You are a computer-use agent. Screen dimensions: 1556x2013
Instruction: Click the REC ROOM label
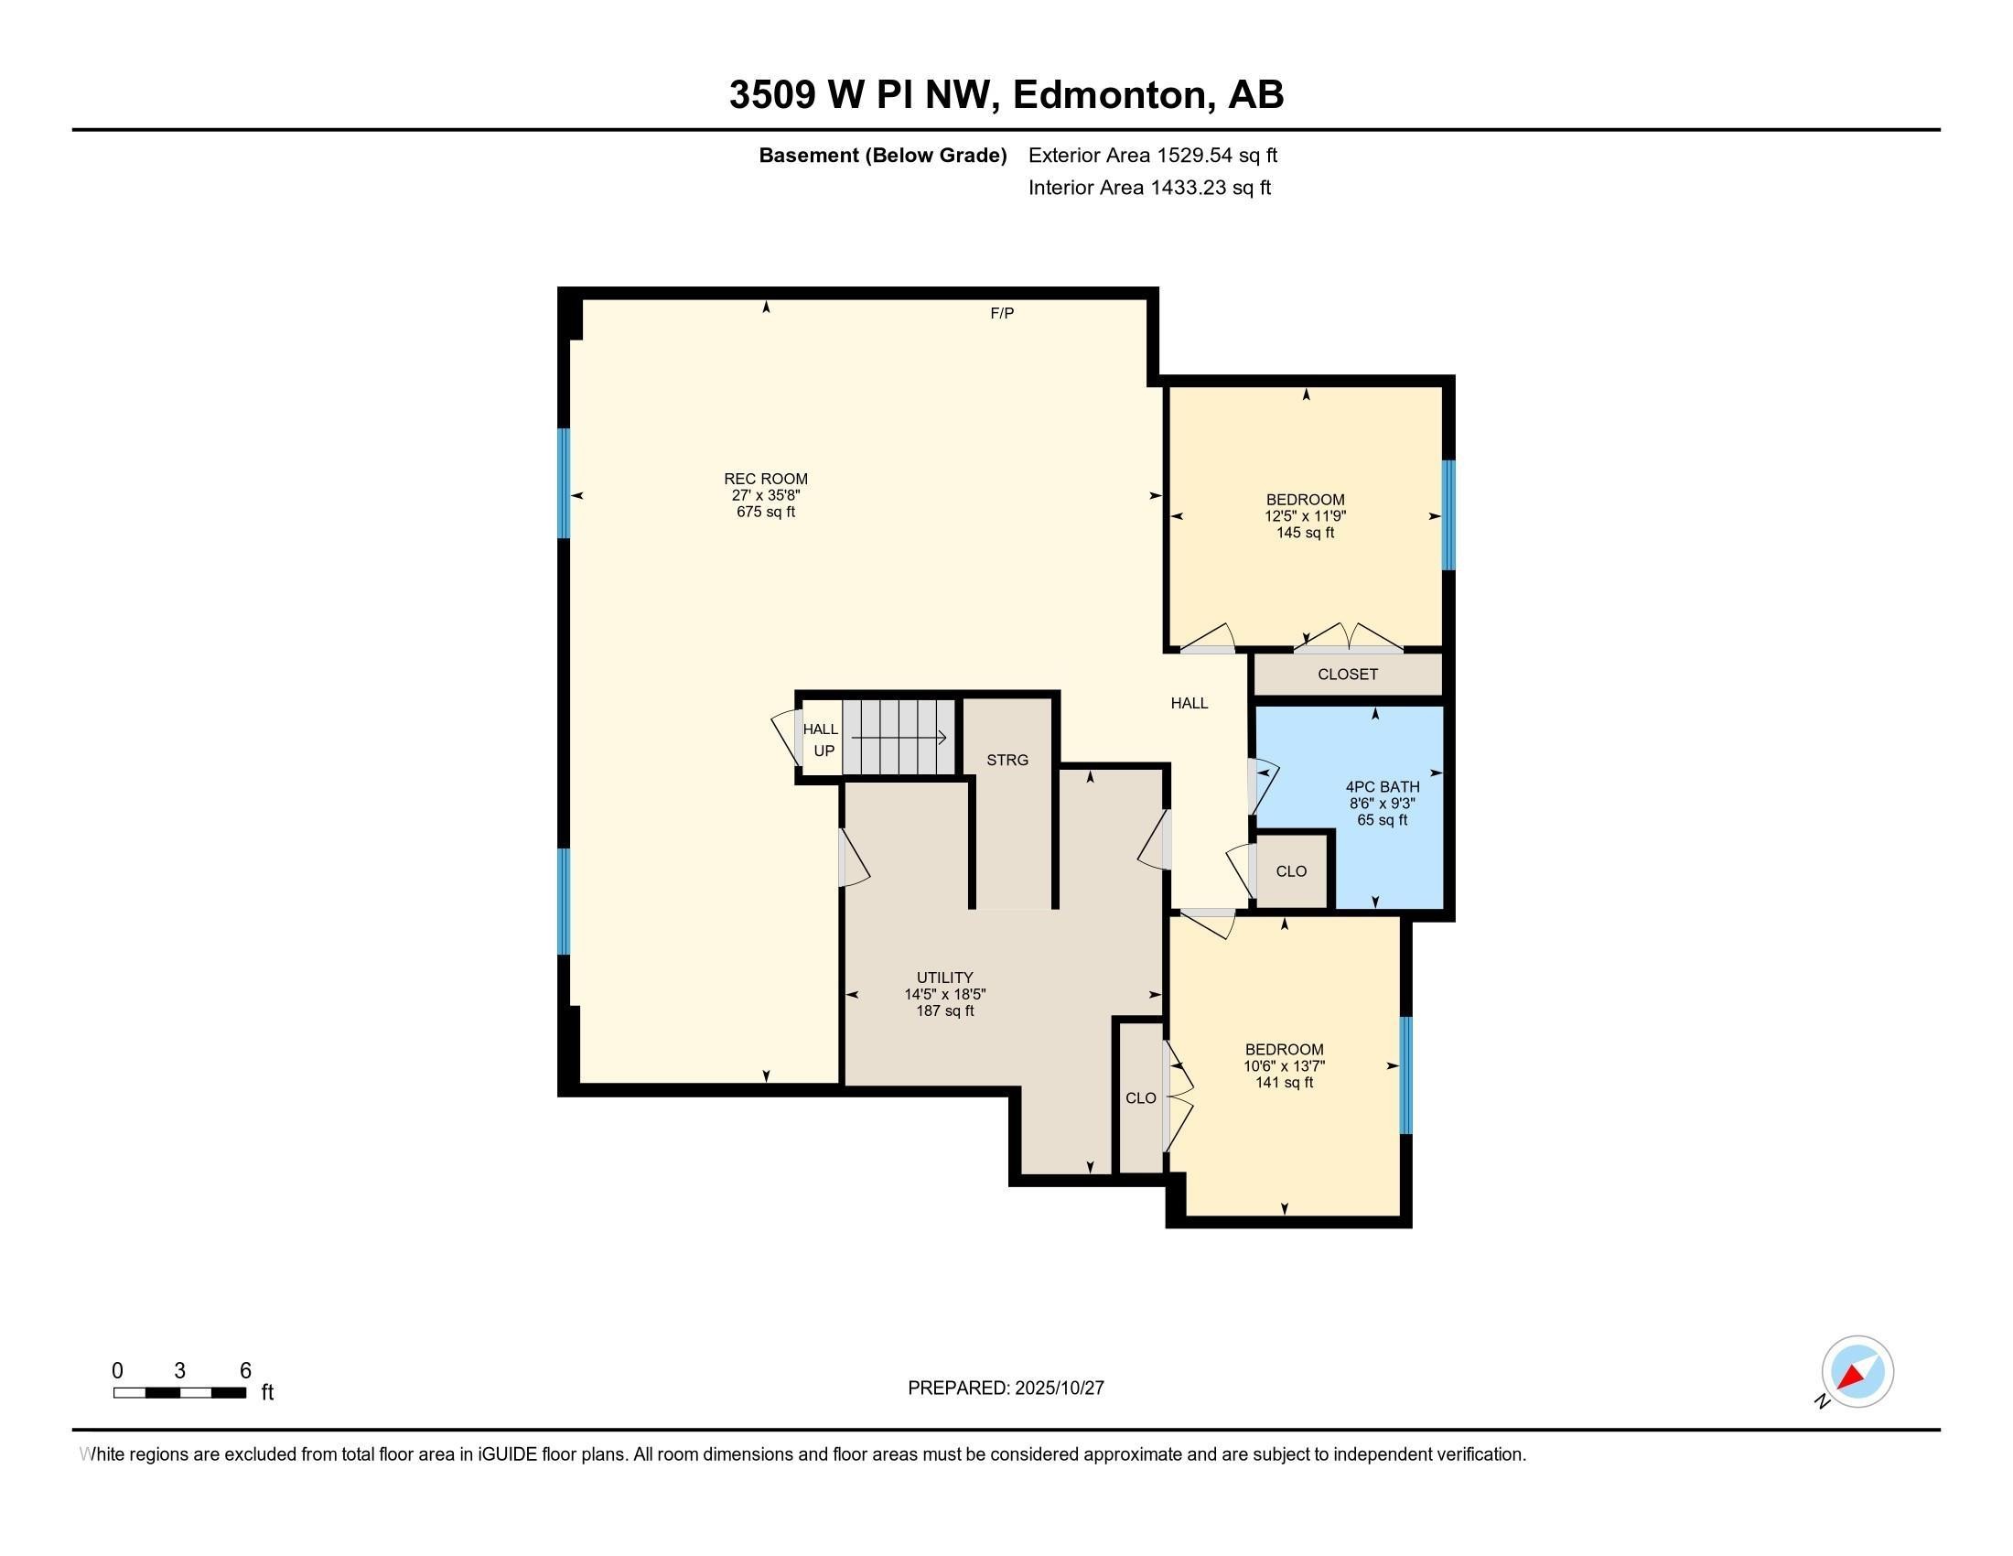[765, 479]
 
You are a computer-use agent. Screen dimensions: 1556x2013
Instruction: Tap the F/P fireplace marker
[1002, 313]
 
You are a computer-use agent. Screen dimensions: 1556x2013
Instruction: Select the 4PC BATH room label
[1382, 786]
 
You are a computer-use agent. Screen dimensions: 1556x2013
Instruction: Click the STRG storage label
[1006, 760]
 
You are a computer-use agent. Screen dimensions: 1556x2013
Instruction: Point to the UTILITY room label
[945, 978]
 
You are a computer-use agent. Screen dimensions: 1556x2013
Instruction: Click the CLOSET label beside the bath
[1348, 674]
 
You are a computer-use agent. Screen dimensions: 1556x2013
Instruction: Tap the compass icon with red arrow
[1857, 1372]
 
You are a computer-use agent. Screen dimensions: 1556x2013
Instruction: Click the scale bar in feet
[179, 1392]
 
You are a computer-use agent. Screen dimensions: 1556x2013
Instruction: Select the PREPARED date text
[1006, 1388]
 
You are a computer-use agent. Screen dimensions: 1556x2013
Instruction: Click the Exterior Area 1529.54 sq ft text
[1152, 155]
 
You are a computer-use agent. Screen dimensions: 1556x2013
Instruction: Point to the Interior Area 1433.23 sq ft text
[1149, 187]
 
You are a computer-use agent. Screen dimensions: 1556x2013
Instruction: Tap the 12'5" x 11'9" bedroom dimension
[1305, 516]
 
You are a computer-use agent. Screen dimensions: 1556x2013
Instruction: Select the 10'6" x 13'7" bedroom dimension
[1284, 1065]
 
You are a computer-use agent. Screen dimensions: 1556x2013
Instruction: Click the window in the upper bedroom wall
[1448, 515]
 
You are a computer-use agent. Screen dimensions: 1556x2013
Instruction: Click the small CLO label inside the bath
[1291, 871]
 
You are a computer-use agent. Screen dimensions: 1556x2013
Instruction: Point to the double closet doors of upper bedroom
[1348, 639]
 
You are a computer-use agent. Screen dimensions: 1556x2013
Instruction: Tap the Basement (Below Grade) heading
[882, 155]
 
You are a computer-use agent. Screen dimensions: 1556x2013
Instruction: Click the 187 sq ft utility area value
[945, 1010]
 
